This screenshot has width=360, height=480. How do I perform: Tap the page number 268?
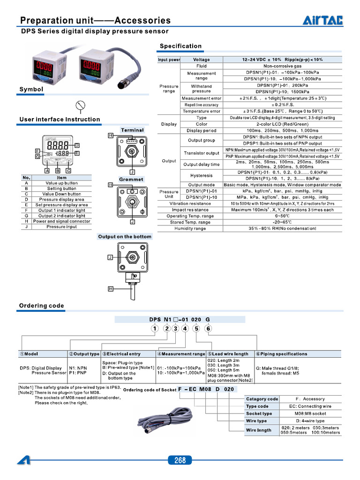pos(180,460)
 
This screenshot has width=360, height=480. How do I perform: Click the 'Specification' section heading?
pos(180,46)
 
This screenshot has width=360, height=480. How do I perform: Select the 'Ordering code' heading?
pos(41,306)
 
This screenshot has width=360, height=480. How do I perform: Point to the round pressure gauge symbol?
pos(81,105)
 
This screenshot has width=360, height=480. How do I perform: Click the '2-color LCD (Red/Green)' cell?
pos(282,124)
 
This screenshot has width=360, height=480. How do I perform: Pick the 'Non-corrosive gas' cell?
pos(282,66)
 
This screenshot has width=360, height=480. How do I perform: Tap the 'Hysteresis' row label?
pos(202,175)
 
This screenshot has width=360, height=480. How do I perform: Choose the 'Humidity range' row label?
pos(190,228)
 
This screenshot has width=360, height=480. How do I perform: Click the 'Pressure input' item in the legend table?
pos(61,227)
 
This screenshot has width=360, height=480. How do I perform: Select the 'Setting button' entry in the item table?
pos(61,188)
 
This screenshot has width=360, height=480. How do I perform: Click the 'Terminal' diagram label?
pos(132,130)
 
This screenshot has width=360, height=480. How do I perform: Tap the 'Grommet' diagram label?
pos(131,180)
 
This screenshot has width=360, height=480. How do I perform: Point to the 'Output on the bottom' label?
pos(125,237)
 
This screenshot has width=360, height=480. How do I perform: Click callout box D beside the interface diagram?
pos(77,145)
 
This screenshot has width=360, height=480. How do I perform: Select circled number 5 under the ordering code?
pos(196,328)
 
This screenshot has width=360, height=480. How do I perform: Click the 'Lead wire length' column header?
pos(230,354)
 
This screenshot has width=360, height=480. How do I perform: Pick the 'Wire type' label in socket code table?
pos(256,421)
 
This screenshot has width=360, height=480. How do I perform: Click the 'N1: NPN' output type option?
pos(78,368)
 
